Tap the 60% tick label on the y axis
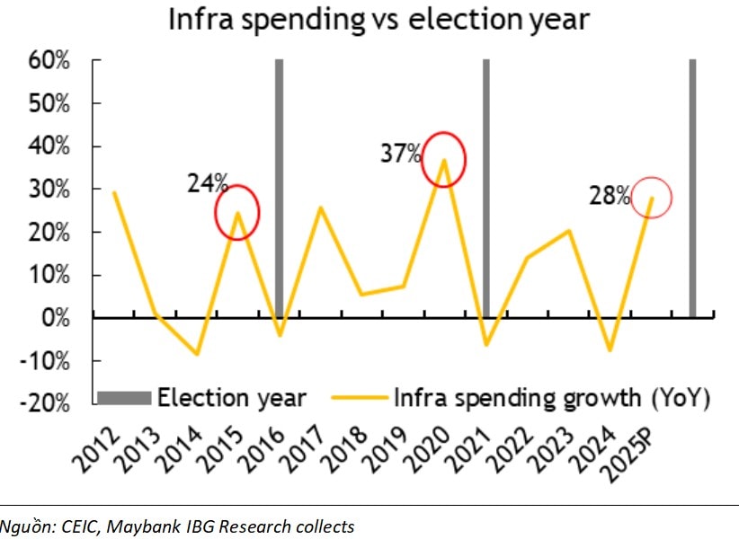click(49, 61)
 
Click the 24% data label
click(208, 184)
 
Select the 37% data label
click(400, 154)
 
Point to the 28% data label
click(610, 196)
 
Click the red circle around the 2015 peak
click(237, 212)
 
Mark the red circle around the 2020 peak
click(444, 159)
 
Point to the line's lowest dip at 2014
click(196, 354)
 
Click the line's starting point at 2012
click(113, 192)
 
